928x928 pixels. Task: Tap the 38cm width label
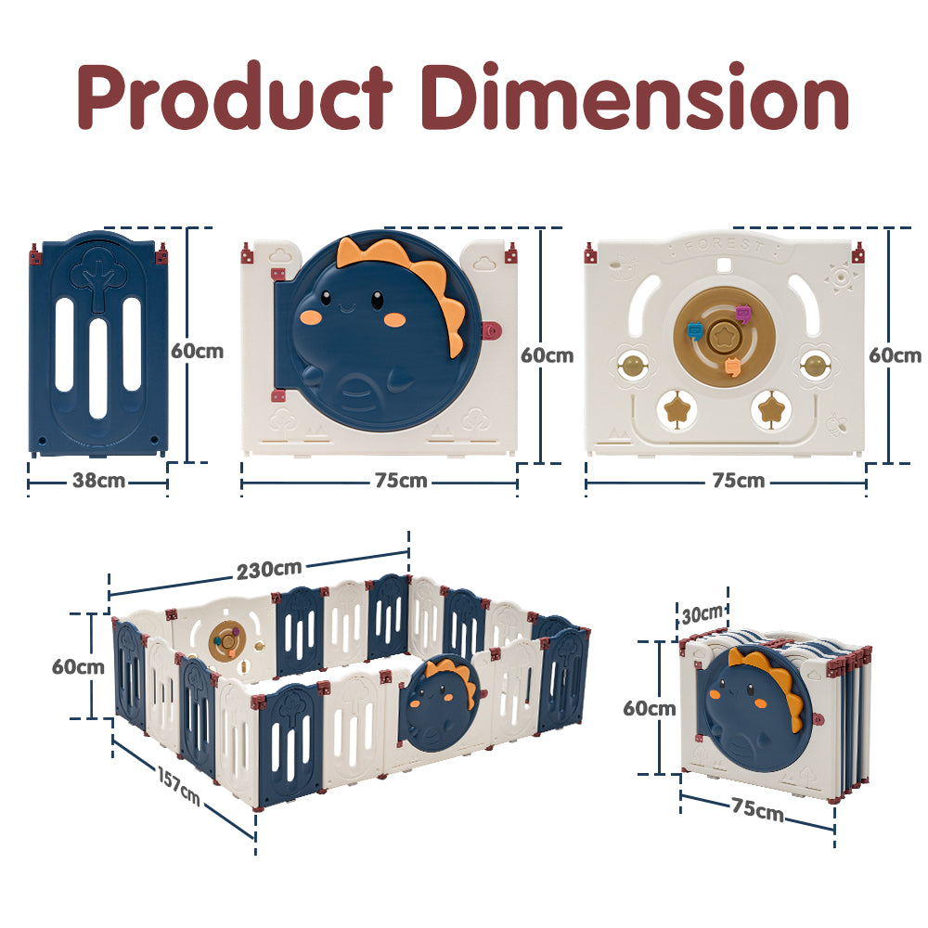[x=99, y=482]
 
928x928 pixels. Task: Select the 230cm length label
[x=268, y=570]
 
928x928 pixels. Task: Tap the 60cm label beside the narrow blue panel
[x=197, y=351]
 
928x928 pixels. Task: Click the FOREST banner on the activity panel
[x=725, y=248]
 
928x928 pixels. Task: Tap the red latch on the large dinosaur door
[x=492, y=329]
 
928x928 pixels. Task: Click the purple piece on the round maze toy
[x=742, y=314]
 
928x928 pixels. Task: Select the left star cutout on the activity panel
[x=676, y=408]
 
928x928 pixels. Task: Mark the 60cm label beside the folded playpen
[x=649, y=708]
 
